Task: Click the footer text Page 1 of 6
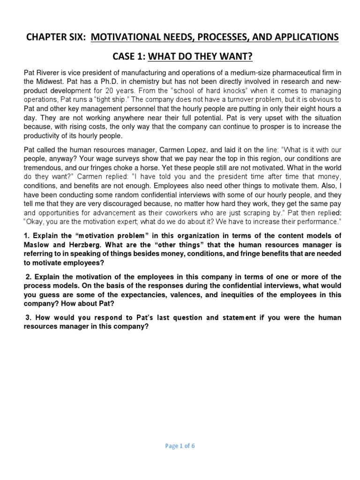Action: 180,446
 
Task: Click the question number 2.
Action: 27,277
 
